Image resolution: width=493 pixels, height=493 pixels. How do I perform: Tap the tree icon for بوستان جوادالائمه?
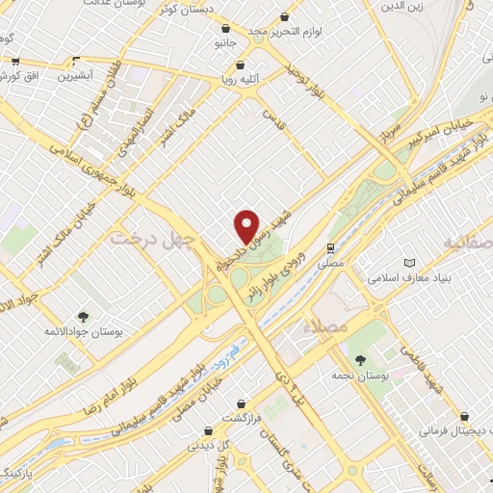coord(83,315)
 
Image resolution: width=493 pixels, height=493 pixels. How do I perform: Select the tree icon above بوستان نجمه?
coord(360,360)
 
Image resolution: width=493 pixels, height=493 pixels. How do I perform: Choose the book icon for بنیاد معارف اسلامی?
coord(410,263)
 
